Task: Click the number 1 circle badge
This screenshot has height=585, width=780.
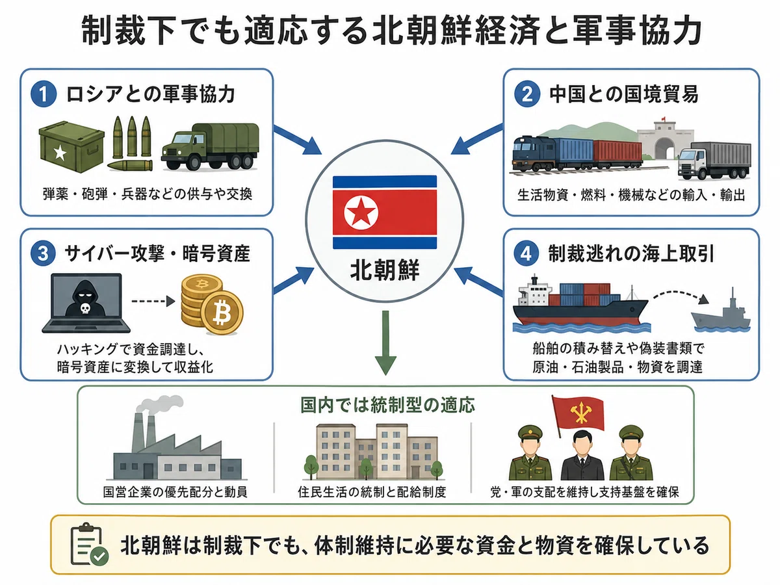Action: pos(44,94)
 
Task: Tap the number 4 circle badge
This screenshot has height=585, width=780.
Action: pos(526,253)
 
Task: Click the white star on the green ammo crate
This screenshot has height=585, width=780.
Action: pos(60,153)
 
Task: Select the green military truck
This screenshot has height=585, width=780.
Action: pos(210,147)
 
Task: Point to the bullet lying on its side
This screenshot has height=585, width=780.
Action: pos(130,165)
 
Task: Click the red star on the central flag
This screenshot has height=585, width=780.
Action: pos(361,212)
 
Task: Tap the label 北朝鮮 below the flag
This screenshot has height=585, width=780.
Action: pos(385,270)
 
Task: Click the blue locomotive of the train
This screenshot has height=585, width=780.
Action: pos(533,153)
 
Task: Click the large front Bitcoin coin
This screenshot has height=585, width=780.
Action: pos(222,313)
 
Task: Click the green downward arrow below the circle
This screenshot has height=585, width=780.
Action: pos(385,343)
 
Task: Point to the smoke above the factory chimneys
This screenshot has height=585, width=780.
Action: pos(160,405)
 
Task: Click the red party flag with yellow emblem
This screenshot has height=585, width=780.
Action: pos(578,415)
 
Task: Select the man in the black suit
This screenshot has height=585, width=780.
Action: pos(582,456)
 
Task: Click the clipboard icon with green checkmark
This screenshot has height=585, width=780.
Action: pos(90,544)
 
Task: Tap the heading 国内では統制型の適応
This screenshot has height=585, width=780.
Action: pos(387,405)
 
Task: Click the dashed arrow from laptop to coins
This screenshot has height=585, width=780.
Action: pos(153,301)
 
